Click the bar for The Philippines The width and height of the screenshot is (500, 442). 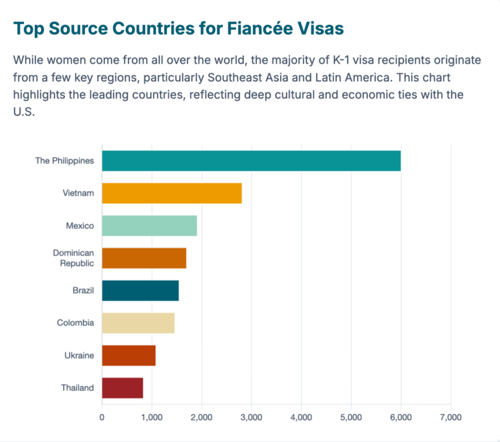tap(251, 161)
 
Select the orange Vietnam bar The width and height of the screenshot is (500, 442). tap(172, 193)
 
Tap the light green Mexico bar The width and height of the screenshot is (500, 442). tap(149, 225)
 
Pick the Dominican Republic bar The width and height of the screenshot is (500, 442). tap(144, 258)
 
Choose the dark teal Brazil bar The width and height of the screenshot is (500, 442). tap(140, 290)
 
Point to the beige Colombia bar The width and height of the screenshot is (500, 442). tap(138, 323)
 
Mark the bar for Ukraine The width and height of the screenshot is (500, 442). tap(128, 355)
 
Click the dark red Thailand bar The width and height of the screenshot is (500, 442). tap(123, 388)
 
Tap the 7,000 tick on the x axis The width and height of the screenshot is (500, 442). tap(451, 418)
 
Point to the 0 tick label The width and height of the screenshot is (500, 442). tap(102, 418)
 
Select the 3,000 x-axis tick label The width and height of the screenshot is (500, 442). tap(251, 418)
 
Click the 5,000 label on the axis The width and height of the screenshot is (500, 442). tap(351, 418)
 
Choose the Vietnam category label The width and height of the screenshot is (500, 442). tap(78, 193)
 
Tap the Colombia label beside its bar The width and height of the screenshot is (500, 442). tap(75, 323)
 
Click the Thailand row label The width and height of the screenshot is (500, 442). tap(77, 388)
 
